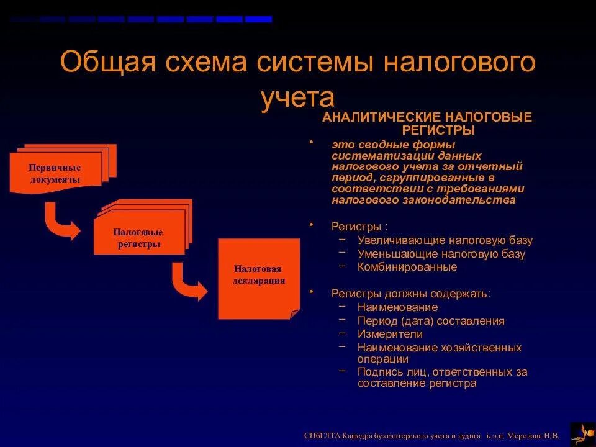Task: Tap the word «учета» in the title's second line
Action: [x=297, y=97]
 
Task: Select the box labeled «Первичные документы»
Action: [x=55, y=174]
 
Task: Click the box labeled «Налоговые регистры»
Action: [x=138, y=237]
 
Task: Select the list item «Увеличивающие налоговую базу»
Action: [x=445, y=240]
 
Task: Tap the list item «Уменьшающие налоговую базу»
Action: [x=441, y=254]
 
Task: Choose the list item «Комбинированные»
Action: [x=407, y=267]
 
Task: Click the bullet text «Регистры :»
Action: [x=359, y=227]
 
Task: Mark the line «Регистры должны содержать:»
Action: [x=410, y=293]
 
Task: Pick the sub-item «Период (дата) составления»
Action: [x=430, y=321]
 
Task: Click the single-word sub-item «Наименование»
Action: [x=397, y=307]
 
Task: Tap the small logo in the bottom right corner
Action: [x=582, y=433]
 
